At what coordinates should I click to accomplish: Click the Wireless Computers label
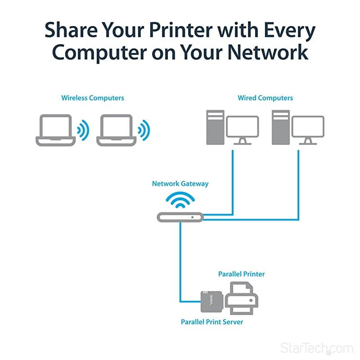(93, 98)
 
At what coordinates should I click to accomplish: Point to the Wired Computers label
(265, 98)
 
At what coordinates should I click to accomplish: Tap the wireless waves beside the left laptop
(83, 130)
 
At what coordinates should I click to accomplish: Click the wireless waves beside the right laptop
(144, 130)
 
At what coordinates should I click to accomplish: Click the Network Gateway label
(180, 184)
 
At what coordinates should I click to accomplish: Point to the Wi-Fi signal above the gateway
(180, 201)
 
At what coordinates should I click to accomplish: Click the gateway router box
(180, 217)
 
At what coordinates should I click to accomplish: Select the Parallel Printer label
(241, 274)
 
